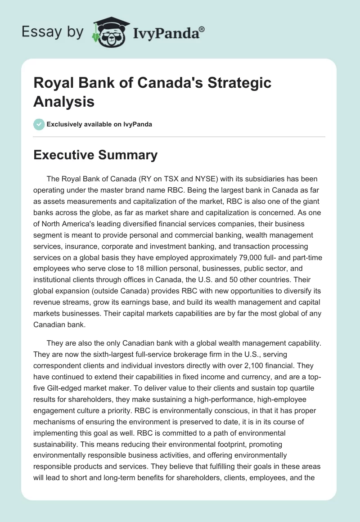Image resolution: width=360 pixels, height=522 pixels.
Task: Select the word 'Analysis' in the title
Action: coord(64,101)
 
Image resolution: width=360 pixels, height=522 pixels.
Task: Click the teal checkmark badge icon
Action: coord(39,124)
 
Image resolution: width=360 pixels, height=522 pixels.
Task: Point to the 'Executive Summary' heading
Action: coord(95,155)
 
